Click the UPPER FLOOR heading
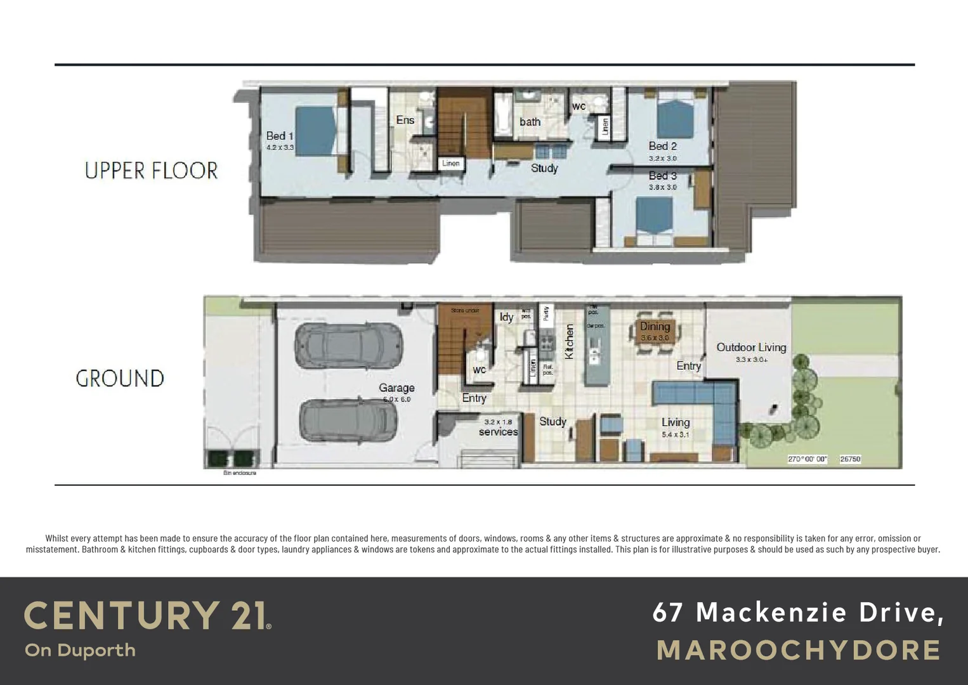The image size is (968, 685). click(151, 171)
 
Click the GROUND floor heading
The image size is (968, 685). click(120, 379)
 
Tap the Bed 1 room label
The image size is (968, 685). click(280, 136)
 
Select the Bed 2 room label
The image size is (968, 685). click(662, 146)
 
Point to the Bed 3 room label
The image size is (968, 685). click(662, 176)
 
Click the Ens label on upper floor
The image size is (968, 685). click(405, 120)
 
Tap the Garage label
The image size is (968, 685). click(396, 388)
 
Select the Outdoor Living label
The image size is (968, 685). click(751, 348)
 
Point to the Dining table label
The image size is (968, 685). click(655, 327)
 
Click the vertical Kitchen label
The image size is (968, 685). click(569, 342)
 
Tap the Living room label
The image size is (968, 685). click(675, 422)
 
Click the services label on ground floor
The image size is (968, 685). click(498, 432)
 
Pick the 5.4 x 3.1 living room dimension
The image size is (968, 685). click(675, 435)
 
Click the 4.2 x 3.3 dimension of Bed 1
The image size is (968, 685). click(280, 147)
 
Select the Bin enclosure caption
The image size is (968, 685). click(240, 473)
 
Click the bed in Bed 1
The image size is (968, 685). click(315, 131)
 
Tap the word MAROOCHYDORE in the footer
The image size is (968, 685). click(799, 651)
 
